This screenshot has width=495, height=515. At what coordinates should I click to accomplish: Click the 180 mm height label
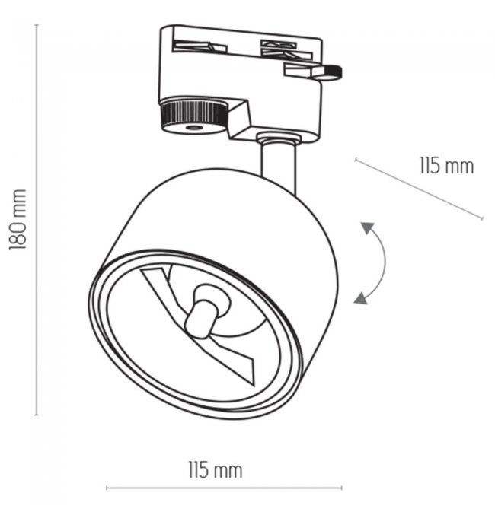[17, 219]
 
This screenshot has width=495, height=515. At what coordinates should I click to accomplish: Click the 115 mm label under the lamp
[216, 470]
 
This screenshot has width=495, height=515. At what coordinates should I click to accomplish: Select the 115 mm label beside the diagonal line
[447, 166]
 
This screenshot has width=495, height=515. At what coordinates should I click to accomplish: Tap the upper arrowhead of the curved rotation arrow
[367, 227]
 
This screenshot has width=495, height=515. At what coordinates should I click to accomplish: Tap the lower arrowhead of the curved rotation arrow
[360, 298]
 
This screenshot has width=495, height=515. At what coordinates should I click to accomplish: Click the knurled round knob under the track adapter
[193, 115]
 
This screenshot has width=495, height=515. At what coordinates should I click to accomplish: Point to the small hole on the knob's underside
[193, 128]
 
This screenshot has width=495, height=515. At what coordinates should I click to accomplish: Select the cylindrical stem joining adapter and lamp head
[279, 167]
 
